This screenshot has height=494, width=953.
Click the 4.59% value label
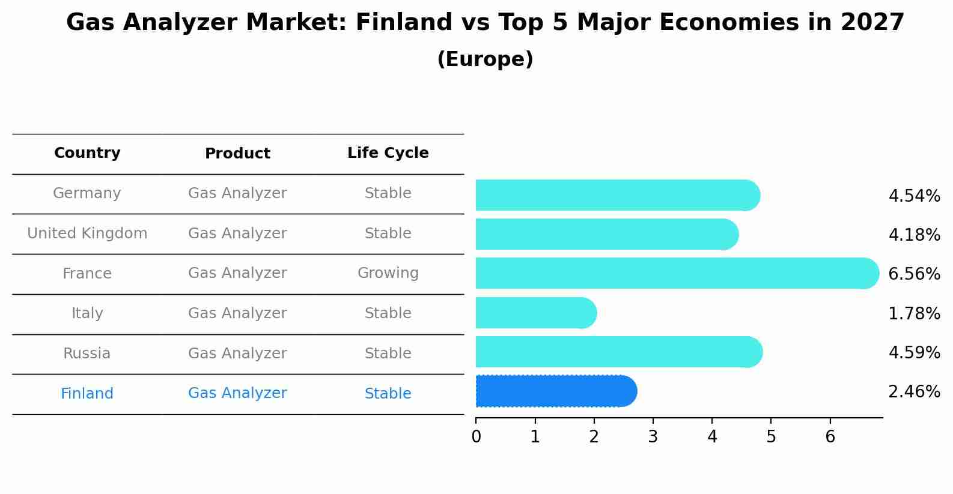click(914, 352)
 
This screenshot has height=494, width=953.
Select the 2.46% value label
click(914, 392)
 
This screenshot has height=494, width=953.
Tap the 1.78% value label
click(914, 313)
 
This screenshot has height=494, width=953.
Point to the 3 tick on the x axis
click(653, 437)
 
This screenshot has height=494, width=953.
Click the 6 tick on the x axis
click(830, 437)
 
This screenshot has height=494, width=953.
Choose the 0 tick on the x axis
click(476, 437)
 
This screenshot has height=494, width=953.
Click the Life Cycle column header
click(388, 153)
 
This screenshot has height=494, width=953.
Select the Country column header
click(87, 153)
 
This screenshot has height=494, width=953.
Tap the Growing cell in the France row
click(388, 273)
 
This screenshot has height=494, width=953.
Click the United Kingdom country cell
click(87, 233)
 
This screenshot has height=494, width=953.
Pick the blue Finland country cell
click(87, 394)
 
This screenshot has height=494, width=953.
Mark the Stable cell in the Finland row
click(388, 394)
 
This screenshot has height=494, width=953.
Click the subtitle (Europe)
click(485, 59)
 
